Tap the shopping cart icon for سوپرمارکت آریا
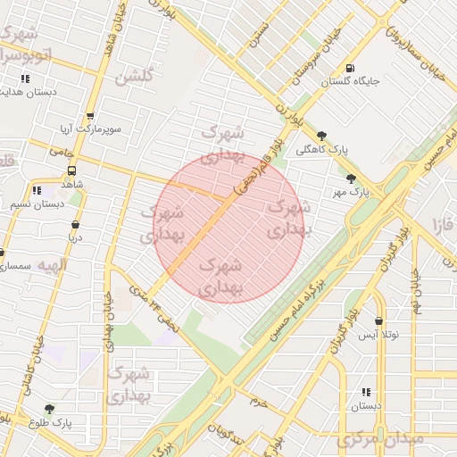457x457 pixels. (x=90, y=116)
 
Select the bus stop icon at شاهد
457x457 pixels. (x=71, y=170)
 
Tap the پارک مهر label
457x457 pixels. (x=351, y=192)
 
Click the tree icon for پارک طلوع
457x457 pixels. (x=49, y=409)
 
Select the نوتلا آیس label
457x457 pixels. (x=378, y=335)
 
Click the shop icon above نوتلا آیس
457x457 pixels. (x=378, y=320)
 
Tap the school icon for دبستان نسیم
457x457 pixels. (x=37, y=191)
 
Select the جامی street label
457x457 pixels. (x=60, y=153)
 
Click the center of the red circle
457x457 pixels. (x=230, y=228)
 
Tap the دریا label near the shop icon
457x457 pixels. (x=74, y=238)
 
